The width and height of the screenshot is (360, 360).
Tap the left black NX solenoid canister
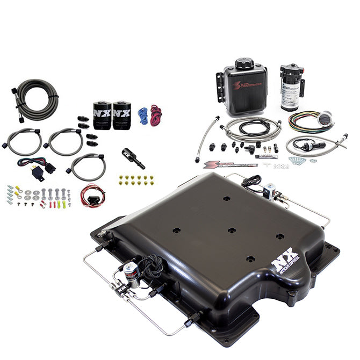[x=102, y=115]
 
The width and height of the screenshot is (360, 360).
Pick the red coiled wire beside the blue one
[x=156, y=115]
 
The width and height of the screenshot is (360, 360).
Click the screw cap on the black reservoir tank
[x=245, y=64]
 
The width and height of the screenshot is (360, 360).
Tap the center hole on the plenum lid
[x=232, y=230]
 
